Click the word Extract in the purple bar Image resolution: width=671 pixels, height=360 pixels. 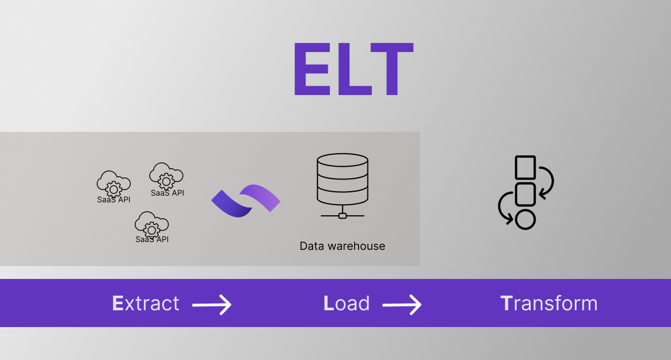(x=145, y=304)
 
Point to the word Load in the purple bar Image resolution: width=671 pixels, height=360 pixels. (x=347, y=304)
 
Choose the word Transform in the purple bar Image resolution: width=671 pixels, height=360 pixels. (x=549, y=304)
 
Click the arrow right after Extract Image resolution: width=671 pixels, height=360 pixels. (x=212, y=305)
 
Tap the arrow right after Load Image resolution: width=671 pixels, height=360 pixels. (x=402, y=305)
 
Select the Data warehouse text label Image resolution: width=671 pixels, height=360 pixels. (x=342, y=246)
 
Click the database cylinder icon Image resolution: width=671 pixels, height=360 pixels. (x=342, y=179)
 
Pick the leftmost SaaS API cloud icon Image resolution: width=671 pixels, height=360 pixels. (x=114, y=183)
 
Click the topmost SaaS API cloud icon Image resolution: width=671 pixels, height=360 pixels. (x=166, y=176)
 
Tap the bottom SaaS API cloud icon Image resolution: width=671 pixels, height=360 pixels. (x=152, y=225)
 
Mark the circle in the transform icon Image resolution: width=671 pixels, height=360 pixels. (x=525, y=219)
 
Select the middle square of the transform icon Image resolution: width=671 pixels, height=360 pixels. (x=525, y=193)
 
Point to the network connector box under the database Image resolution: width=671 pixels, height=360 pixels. (x=342, y=215)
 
